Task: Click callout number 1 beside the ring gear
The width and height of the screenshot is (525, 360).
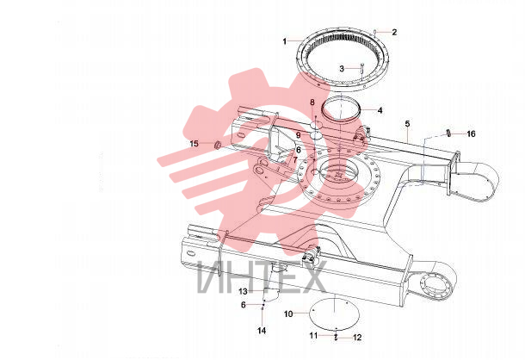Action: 285,41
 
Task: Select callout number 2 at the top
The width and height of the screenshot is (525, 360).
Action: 394,32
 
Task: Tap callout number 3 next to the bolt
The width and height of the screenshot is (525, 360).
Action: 342,69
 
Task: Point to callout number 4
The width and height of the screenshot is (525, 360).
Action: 380,110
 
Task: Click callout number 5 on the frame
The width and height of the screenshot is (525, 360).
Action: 407,124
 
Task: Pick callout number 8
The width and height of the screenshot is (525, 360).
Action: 312,102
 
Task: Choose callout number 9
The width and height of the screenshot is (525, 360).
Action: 299,135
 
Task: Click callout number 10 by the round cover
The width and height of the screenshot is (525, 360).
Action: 288,314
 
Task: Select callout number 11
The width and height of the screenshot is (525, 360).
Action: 313,335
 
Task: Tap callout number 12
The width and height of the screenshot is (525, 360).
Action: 357,338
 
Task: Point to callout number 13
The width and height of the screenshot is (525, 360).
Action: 243,291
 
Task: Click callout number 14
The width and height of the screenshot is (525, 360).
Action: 262,331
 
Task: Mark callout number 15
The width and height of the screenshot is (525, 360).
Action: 195,144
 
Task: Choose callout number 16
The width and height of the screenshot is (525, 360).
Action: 471,134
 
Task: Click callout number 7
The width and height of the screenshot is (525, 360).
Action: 295,160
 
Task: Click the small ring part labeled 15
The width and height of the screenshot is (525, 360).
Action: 217,145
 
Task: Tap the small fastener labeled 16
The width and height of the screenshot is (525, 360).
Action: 448,133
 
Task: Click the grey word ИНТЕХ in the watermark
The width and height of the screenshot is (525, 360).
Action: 261,277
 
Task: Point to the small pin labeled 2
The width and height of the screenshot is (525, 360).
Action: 375,32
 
